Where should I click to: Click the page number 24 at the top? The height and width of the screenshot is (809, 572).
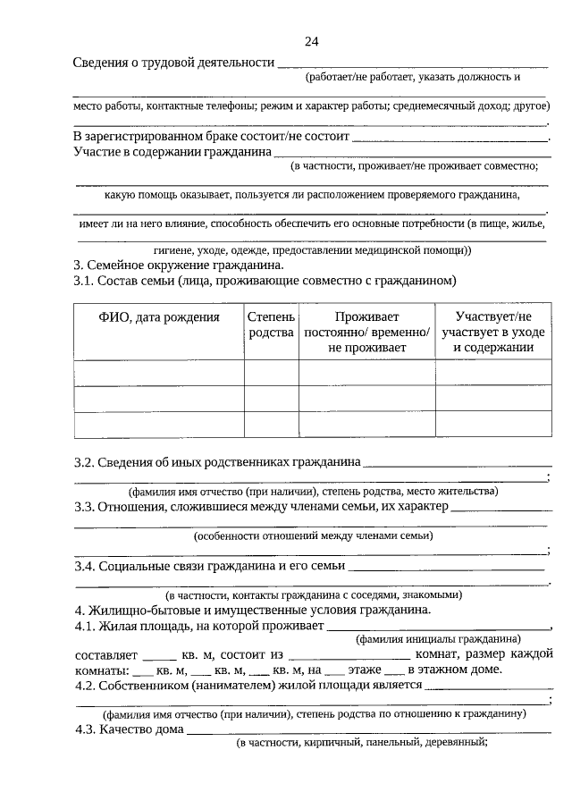pyautogui.click(x=311, y=41)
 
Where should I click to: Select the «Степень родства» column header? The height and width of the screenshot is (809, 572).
pyautogui.click(x=271, y=324)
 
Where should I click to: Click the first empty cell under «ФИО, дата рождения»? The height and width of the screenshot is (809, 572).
pyautogui.click(x=158, y=373)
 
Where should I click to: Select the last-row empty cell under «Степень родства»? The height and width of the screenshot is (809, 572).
pyautogui.click(x=271, y=426)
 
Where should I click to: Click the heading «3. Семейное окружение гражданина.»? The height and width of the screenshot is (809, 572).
pyautogui.click(x=178, y=265)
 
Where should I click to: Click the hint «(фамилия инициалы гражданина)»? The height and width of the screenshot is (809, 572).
pyautogui.click(x=438, y=639)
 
